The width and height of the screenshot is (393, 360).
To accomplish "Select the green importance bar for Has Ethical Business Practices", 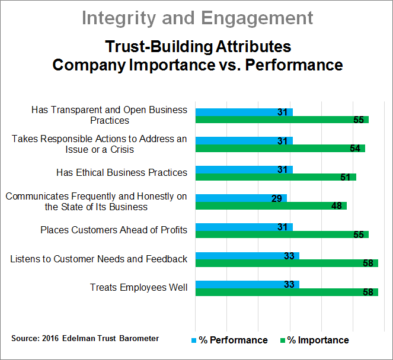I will coord(276,177).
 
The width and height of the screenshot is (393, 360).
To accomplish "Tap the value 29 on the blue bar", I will coord(277,198).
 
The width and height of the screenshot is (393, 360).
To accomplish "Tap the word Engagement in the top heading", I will coord(257,19).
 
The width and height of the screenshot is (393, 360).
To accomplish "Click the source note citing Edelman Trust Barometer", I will coord(85,338).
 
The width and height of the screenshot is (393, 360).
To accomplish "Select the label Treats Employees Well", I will coord(139,288).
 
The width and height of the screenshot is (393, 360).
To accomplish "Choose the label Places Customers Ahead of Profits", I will coord(114,230).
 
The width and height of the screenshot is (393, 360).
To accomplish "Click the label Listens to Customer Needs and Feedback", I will coord(99,259).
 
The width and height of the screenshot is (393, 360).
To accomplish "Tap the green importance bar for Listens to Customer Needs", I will coord(286,263).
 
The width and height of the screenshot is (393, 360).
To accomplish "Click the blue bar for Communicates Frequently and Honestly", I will coord(241,198).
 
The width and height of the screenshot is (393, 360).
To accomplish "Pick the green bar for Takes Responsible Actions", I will coord(280,149).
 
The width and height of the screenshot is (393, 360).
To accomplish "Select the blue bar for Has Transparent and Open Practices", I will coord(244,112).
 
